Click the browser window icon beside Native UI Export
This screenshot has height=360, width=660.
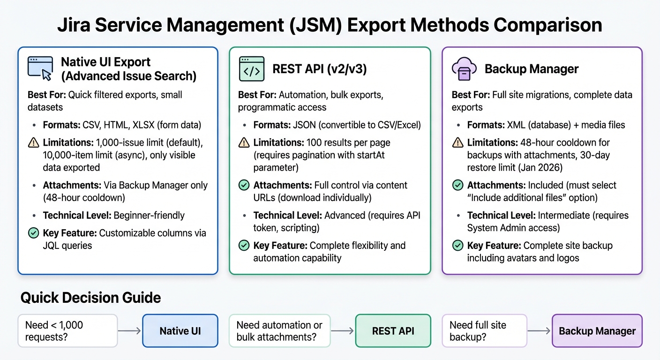tap(40, 68)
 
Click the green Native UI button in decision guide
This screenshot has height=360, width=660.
tap(180, 330)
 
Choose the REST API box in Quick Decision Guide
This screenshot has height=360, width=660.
tap(393, 330)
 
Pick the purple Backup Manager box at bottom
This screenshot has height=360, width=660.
tap(597, 330)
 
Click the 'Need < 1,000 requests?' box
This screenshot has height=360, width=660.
tap(67, 330)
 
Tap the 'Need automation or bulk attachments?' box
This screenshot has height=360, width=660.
tap(279, 330)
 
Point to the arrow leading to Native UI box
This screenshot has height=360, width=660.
tap(129, 330)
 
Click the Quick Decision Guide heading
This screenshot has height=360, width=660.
tap(90, 297)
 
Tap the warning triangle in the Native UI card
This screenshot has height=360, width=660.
tap(33, 142)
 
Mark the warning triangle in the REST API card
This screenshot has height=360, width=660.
tap(244, 142)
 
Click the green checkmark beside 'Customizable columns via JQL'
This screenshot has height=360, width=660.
tap(33, 233)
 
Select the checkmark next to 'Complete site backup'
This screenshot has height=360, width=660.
tap(457, 245)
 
